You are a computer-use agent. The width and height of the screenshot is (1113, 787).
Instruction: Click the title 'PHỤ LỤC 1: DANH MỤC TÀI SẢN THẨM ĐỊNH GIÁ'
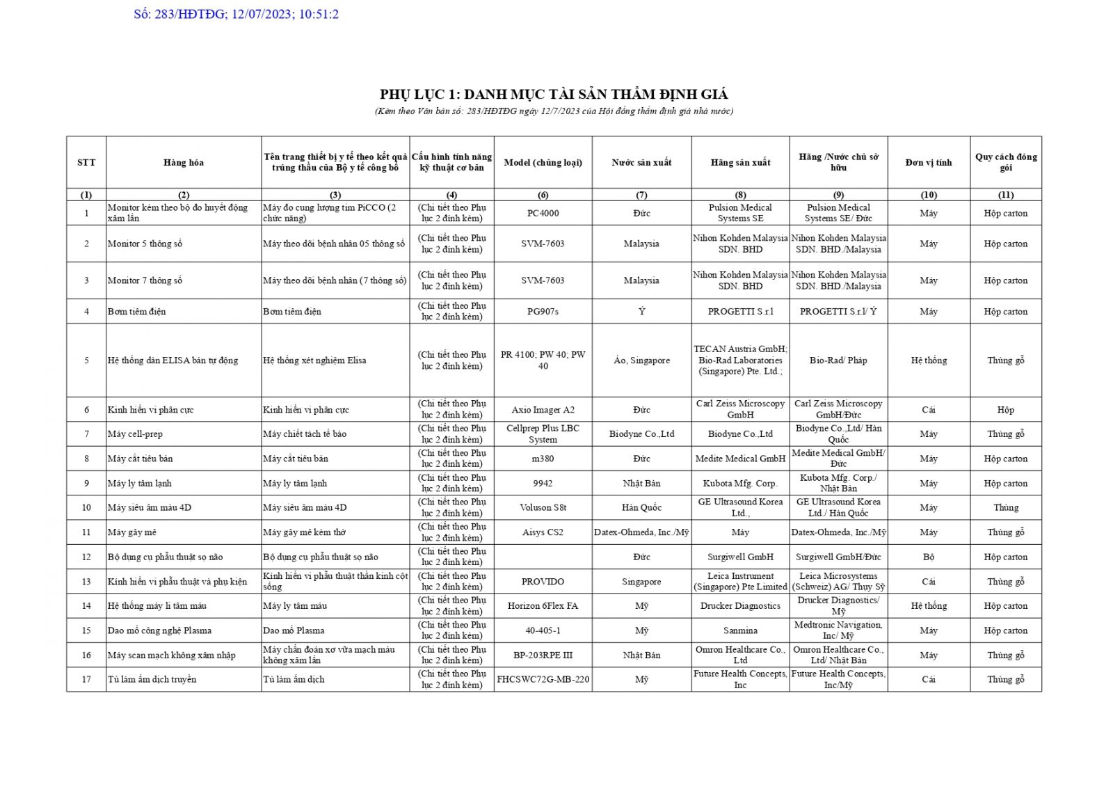point(554,95)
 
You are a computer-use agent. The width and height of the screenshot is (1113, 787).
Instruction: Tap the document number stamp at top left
point(237,14)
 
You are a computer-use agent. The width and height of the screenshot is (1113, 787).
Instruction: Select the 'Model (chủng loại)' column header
point(543,163)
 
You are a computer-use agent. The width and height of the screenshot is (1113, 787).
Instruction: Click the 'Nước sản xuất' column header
point(641,163)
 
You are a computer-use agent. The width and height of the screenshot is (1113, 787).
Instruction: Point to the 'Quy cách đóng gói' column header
point(1005,162)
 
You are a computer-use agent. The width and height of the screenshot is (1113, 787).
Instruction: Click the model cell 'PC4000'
point(543,213)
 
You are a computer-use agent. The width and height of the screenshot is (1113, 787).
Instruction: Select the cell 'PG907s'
point(543,311)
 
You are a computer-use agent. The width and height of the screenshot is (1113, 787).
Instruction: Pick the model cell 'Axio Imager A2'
point(543,410)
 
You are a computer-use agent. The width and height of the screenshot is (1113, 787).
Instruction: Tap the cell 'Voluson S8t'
point(543,507)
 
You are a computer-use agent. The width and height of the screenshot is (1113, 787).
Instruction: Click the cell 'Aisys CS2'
point(543,532)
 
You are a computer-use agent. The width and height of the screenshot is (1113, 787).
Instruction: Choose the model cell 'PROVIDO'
point(543,582)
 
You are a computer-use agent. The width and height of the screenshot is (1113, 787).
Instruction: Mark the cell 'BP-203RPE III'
point(543,655)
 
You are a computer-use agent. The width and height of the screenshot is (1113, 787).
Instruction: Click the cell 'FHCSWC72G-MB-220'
point(543,679)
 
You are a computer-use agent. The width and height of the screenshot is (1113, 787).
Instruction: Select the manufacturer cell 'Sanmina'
point(740,630)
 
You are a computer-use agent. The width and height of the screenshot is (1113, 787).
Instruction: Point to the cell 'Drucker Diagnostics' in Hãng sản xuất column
point(740,606)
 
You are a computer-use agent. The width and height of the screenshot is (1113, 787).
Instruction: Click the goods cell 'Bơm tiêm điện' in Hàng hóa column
point(137,312)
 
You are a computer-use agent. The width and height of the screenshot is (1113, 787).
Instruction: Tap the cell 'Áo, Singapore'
point(641,360)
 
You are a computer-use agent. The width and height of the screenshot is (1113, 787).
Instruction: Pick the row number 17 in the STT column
point(86,679)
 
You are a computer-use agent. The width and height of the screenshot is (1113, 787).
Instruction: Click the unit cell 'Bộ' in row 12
point(929,557)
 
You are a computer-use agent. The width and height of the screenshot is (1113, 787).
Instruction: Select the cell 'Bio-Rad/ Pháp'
point(838,360)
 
